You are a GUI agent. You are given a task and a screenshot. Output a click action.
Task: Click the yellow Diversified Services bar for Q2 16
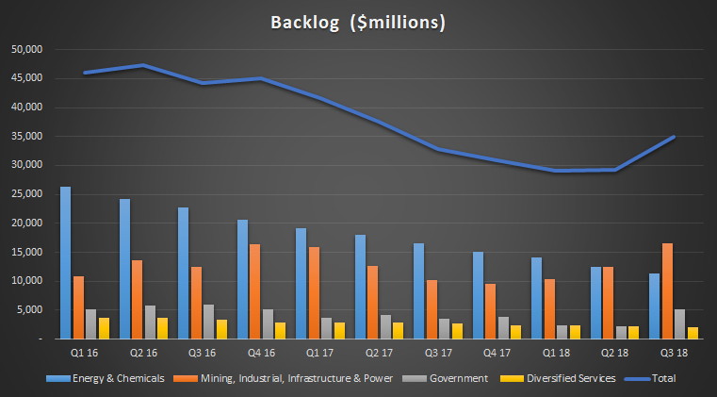pyautogui.click(x=163, y=328)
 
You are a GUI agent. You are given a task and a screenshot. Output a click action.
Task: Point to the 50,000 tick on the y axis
pyautogui.click(x=29, y=49)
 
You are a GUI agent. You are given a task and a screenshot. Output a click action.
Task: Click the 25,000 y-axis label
pyautogui.click(x=29, y=194)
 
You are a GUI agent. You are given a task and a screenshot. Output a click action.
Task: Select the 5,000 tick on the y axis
pyautogui.click(x=32, y=310)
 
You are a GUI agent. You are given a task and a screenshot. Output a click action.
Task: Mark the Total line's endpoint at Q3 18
pyautogui.click(x=673, y=137)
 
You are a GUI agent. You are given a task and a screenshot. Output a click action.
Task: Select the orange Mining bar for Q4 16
pyautogui.click(x=254, y=291)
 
